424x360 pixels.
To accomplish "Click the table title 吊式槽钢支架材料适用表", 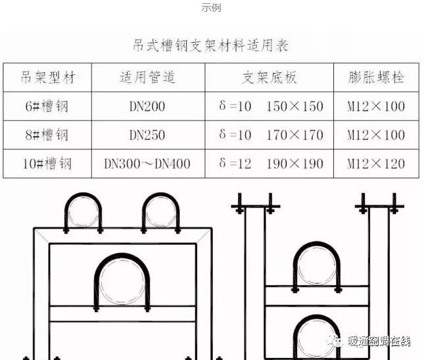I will [x=211, y=45].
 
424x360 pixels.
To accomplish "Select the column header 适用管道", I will [x=147, y=78].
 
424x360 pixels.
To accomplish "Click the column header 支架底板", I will [x=269, y=78].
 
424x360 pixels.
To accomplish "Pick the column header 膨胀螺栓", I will [x=376, y=78].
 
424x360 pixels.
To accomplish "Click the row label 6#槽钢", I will [x=46, y=106].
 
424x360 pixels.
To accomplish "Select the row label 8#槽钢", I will [x=46, y=135].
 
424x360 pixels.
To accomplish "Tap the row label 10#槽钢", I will [x=47, y=163].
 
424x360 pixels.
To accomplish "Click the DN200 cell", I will [x=147, y=106].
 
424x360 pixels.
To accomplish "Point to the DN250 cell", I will [x=147, y=135].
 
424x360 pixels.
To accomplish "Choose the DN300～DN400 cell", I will [x=147, y=163].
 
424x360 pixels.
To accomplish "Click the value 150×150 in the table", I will [x=294, y=106].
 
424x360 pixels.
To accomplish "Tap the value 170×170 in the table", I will [x=294, y=135].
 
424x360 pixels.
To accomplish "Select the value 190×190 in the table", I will [x=294, y=163].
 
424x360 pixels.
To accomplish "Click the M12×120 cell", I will [x=376, y=163].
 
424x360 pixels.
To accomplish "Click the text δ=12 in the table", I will [x=235, y=163].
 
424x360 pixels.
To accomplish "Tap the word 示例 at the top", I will [x=211, y=8].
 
